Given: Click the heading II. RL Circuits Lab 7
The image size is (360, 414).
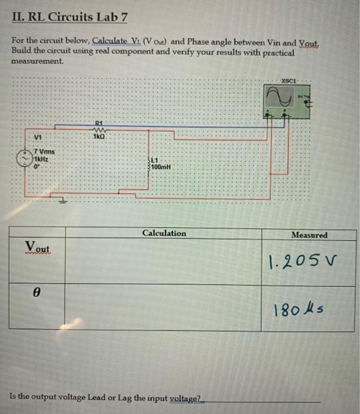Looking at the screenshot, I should pyautogui.click(x=69, y=17).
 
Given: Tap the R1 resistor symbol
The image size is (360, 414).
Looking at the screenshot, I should pyautogui.click(x=99, y=128).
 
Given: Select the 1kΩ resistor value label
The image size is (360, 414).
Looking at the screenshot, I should pyautogui.click(x=99, y=135).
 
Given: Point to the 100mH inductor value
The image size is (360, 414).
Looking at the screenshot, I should pyautogui.click(x=161, y=167).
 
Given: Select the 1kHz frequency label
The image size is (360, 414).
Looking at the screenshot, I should pyautogui.click(x=41, y=159).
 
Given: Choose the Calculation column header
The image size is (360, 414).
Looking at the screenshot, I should pyautogui.click(x=164, y=233).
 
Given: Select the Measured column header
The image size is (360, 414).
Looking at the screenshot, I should pyautogui.click(x=309, y=235).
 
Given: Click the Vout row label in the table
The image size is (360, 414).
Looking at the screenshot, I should pyautogui.click(x=37, y=246).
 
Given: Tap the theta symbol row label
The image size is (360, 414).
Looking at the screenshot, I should pyautogui.click(x=37, y=292).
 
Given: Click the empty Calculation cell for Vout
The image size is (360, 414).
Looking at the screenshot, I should pyautogui.click(x=164, y=261).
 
